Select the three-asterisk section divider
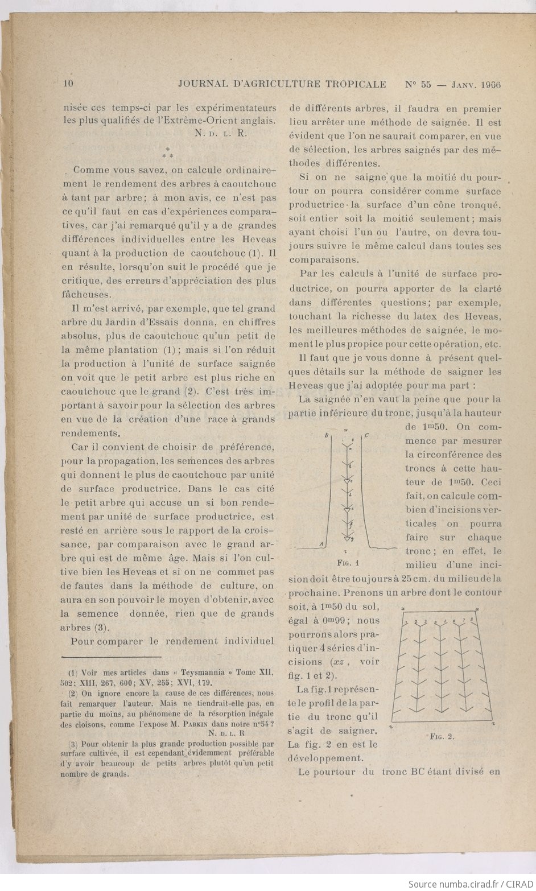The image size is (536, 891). coord(168,152)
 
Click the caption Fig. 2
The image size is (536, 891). coord(442,736)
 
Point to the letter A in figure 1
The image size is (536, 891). coord(322,544)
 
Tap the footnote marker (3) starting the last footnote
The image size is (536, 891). coord(73,744)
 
